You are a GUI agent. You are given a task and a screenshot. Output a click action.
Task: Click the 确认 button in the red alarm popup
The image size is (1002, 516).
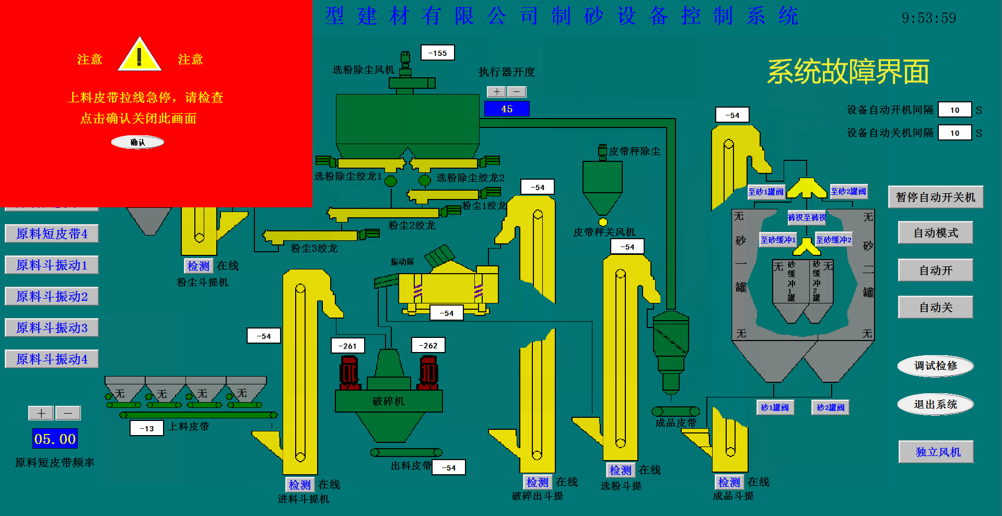pyautogui.click(x=137, y=142)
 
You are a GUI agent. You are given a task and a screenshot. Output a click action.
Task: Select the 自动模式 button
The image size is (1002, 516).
pyautogui.click(x=935, y=233)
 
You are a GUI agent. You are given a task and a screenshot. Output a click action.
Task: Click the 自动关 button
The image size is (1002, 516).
pyautogui.click(x=935, y=308)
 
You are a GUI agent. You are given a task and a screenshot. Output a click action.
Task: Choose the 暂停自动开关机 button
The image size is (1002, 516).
pyautogui.click(x=935, y=197)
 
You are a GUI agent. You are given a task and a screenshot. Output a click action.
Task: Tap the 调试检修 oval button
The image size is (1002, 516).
pyautogui.click(x=935, y=366)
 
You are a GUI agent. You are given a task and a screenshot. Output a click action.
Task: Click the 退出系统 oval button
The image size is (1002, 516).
pyautogui.click(x=935, y=404)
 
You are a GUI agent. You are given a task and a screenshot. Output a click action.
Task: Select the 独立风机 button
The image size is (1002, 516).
pyautogui.click(x=936, y=452)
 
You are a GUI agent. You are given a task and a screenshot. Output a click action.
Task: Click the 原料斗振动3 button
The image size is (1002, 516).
pyautogui.click(x=52, y=327)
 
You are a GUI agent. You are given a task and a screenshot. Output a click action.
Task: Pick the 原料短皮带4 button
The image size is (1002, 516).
pyautogui.click(x=52, y=233)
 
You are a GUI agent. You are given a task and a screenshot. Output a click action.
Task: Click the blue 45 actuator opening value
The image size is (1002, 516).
pyautogui.click(x=507, y=109)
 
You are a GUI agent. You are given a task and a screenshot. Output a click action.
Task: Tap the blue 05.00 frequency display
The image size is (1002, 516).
pyautogui.click(x=55, y=439)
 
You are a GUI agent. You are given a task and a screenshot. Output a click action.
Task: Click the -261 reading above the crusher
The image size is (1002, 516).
pyautogui.click(x=348, y=346)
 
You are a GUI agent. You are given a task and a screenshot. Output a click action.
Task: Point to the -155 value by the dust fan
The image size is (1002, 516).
pyautogui.click(x=438, y=53)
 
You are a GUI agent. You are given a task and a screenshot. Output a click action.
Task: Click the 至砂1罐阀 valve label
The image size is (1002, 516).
pyautogui.click(x=765, y=192)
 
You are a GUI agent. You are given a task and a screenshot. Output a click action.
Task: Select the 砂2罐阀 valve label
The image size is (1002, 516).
pyautogui.click(x=830, y=407)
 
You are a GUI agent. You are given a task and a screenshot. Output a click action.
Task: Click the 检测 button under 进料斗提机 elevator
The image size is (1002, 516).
pyautogui.click(x=300, y=485)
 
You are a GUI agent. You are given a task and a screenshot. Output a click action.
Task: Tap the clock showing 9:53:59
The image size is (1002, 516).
pyautogui.click(x=928, y=18)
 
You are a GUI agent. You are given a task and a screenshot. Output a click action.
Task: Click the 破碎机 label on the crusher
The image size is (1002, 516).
pyautogui.click(x=388, y=401)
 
